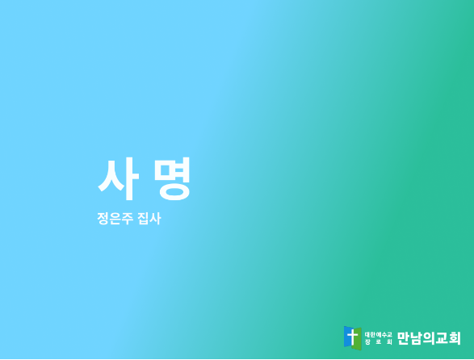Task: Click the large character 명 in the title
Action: (172, 178)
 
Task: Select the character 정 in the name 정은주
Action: (103, 218)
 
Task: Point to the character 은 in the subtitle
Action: (115, 218)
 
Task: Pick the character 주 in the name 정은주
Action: (127, 218)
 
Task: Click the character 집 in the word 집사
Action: (143, 218)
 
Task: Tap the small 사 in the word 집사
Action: (155, 218)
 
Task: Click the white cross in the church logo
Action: (352, 337)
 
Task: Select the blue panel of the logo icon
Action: (348, 337)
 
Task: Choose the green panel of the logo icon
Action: (357, 338)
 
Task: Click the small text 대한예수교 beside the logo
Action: (379, 335)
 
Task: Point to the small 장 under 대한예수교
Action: (367, 342)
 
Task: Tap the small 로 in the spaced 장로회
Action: (379, 342)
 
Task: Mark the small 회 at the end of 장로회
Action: (389, 342)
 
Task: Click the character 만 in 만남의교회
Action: (403, 338)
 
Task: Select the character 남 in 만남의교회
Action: (416, 338)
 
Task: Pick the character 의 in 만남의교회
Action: (429, 338)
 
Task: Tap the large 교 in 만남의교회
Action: (442, 338)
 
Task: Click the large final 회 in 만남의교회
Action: (455, 338)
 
